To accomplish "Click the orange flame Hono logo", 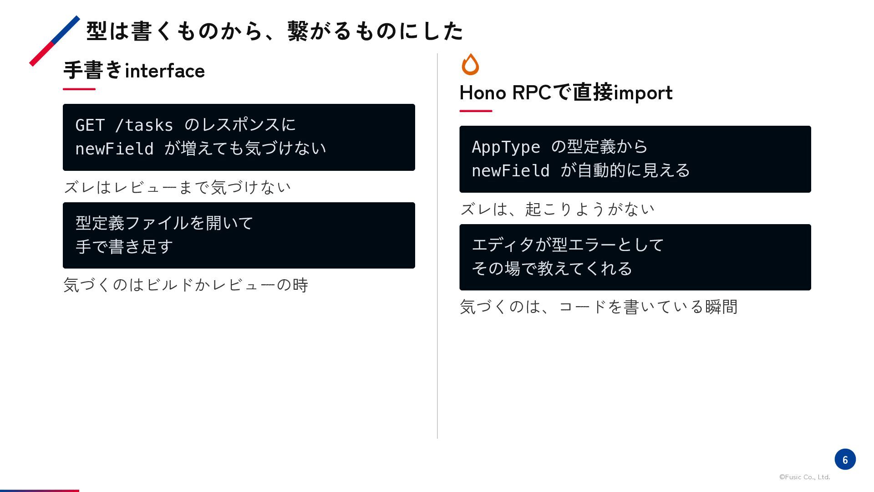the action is [470, 64].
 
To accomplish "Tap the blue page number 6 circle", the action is [845, 459].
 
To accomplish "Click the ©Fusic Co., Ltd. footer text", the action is [804, 477].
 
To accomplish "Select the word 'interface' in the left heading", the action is [165, 71].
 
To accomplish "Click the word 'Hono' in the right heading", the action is [483, 92].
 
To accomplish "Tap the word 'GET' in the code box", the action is [90, 125].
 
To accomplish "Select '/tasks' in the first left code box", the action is [144, 125].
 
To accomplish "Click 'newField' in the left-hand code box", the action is [114, 149].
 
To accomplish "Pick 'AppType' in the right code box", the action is [506, 147].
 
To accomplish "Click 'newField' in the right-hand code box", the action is [511, 171].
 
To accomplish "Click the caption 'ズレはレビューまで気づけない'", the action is [177, 187].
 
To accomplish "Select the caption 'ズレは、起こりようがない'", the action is [557, 209].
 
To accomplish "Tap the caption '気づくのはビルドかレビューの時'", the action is [186, 285].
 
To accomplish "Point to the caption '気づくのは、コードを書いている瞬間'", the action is [599, 307].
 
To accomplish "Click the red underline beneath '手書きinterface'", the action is [79, 89].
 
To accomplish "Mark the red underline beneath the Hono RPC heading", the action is [476, 111].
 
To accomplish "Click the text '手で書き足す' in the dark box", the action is [124, 247].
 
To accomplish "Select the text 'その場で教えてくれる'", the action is [552, 269].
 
